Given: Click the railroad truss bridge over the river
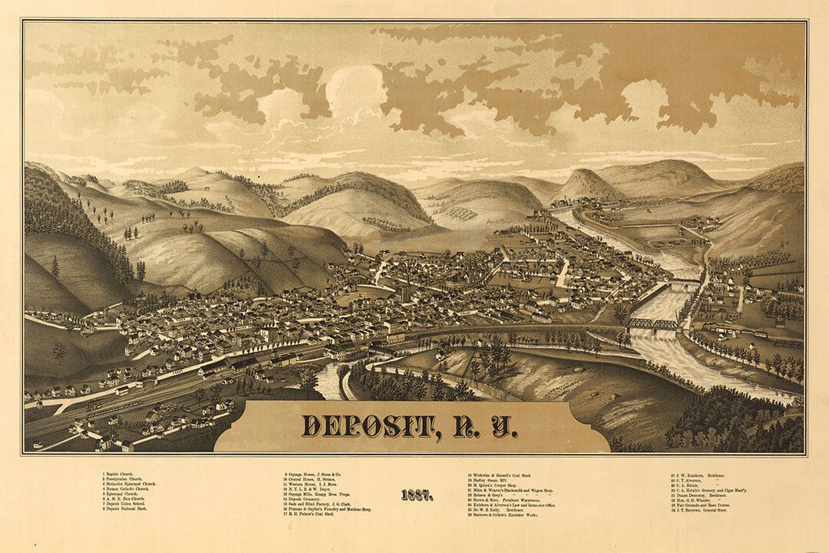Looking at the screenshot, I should [653, 324].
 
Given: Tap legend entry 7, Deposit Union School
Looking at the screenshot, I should [126, 504].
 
